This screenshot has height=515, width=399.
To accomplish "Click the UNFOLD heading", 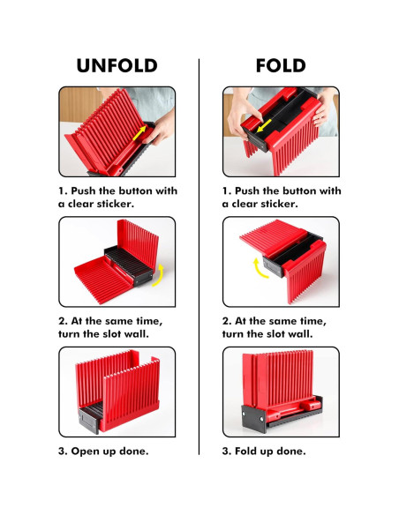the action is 117,65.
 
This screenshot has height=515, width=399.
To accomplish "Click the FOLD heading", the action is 281,65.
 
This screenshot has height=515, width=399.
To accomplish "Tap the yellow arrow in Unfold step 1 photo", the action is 139,133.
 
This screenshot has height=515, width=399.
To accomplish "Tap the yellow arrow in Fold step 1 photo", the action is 264,125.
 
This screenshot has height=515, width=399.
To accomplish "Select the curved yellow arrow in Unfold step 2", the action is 159,276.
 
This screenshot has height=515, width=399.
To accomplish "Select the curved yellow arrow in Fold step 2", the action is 260,268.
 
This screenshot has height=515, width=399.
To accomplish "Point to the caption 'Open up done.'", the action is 109,451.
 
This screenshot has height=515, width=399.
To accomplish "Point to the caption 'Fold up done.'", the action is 270,451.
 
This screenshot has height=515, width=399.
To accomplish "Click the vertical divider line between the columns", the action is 199,257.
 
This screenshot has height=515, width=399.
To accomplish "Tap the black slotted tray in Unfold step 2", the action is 129,265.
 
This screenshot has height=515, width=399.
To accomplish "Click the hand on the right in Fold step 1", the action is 323,108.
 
